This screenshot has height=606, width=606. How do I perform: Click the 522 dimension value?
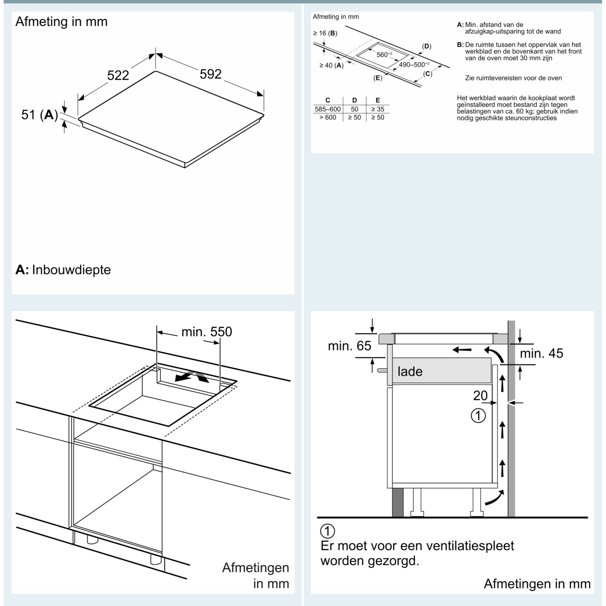[x=118, y=76]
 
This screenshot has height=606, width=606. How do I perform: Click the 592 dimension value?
[x=210, y=74]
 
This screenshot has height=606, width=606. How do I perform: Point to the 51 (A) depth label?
[x=40, y=115]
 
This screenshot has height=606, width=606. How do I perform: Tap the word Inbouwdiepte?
[x=71, y=270]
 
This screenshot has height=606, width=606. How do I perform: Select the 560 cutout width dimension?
[x=384, y=55]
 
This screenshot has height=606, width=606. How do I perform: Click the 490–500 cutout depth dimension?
[x=414, y=64]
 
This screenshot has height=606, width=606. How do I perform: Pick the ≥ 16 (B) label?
[x=325, y=33]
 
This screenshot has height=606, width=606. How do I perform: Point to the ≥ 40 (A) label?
[x=331, y=66]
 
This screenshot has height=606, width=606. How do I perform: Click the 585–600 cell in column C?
[x=328, y=109]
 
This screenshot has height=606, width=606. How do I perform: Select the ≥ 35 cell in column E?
[x=378, y=109]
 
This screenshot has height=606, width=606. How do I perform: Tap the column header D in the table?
[x=354, y=100]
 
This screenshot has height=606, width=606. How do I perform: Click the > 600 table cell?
[x=328, y=117]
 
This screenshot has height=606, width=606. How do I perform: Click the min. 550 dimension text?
[x=207, y=332]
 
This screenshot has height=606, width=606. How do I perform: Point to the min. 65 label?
[x=349, y=346]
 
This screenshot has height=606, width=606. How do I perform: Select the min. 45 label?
[x=541, y=354]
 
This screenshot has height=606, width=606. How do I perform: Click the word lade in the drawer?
[x=410, y=371]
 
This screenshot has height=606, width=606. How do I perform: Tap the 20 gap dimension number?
[x=480, y=396]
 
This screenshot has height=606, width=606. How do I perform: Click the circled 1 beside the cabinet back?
[x=478, y=415]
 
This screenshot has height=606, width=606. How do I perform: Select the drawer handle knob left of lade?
[x=382, y=370]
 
